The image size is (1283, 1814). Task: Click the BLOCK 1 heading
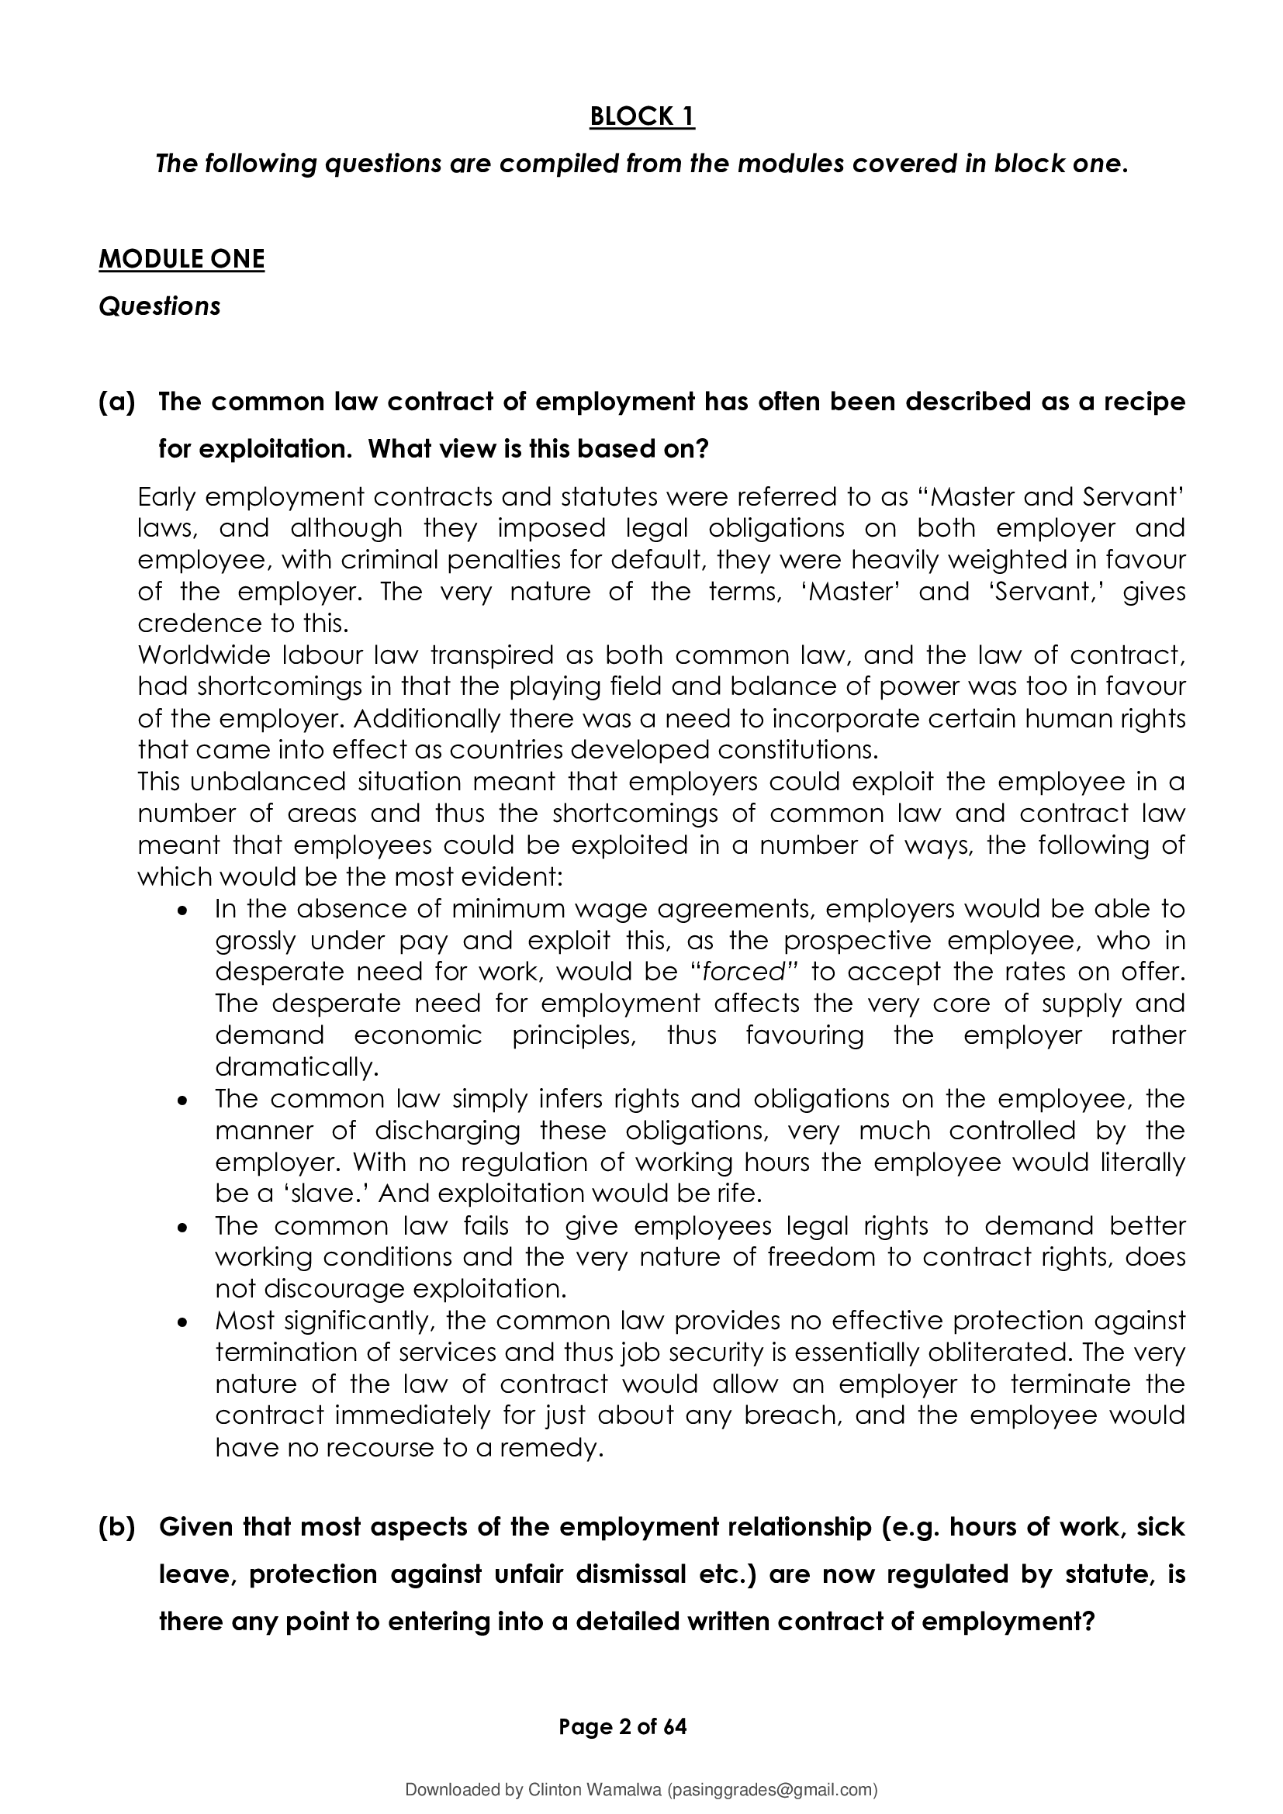[641, 117]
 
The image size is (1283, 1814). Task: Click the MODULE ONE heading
[181, 259]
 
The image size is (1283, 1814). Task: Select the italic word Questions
[159, 306]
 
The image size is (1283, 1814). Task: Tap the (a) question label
[117, 403]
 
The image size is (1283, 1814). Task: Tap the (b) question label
[117, 1527]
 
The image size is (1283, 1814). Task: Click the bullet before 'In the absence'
[182, 910]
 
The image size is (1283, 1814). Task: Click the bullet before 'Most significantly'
[182, 1321]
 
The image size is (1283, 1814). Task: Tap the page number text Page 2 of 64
[623, 1727]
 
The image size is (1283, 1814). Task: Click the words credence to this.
[243, 624]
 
